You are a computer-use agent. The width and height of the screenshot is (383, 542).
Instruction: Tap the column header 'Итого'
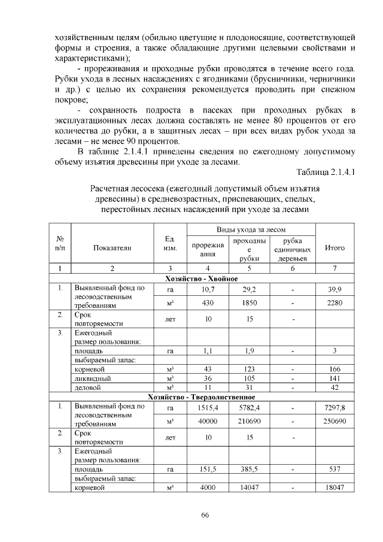(x=334, y=247)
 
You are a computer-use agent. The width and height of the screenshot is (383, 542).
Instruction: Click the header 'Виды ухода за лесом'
(x=251, y=230)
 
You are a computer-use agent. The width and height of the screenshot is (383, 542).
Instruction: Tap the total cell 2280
(x=334, y=303)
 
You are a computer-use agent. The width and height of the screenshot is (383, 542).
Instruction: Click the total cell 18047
(x=334, y=488)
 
